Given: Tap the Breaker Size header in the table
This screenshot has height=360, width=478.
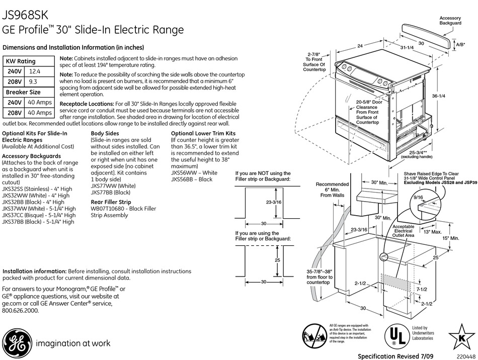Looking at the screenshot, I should pyautogui.click(x=23, y=92).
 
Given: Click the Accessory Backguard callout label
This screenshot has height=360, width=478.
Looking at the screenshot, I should pyautogui.click(x=450, y=21).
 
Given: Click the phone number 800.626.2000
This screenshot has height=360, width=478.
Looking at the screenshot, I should pyautogui.click(x=21, y=311).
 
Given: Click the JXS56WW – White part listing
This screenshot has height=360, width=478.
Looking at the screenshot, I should pyautogui.click(x=194, y=172).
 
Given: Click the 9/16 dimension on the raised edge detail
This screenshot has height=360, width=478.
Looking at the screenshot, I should pyautogui.click(x=418, y=198).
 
